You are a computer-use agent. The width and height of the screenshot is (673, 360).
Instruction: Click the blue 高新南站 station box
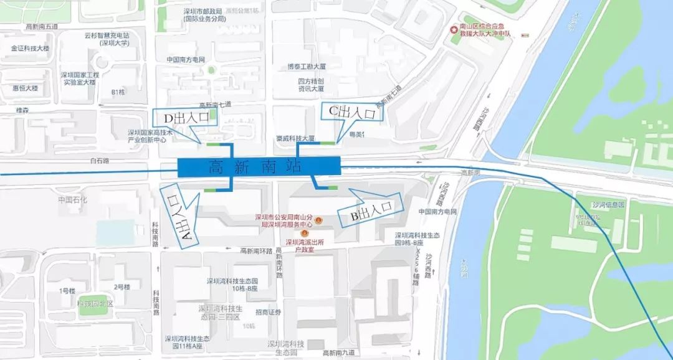pos(259,166)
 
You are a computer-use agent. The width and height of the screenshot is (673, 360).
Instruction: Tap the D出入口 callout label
pos(186,118)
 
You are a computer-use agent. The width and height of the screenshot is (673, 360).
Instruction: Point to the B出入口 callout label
pos(370,213)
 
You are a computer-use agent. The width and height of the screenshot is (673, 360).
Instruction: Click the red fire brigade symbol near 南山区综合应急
pos(454,30)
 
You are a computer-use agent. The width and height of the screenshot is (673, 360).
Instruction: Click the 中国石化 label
pos(73,200)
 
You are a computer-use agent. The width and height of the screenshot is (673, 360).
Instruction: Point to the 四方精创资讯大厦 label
pos(310,85)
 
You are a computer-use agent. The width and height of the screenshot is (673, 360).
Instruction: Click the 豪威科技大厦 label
pos(295,138)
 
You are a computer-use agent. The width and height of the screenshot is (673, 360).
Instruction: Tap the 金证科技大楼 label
pos(30,48)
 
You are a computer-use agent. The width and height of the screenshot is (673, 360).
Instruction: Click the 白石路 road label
pos(99,160)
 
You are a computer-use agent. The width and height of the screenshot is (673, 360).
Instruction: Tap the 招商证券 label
pos(269,312)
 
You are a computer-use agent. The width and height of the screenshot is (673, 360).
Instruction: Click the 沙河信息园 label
pos(607,204)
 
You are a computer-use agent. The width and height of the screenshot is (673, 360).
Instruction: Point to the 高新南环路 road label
pos(257,251)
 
